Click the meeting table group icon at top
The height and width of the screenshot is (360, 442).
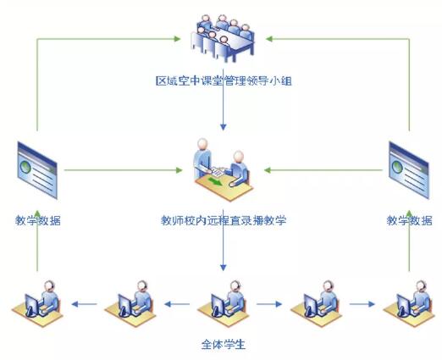tap(223, 38)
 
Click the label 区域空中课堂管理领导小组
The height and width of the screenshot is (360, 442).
tap(224, 81)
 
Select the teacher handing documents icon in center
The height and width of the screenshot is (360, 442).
tap(223, 169)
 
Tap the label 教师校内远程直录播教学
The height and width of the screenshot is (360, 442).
tap(224, 220)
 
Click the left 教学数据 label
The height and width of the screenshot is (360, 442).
tap(38, 220)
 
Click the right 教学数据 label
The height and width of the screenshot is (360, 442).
tap(409, 220)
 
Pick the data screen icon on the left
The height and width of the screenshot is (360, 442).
tap(37, 170)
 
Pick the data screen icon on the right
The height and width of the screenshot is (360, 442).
tap(409, 170)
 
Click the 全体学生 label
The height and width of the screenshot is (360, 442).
tap(224, 345)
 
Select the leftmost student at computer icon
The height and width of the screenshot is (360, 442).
tap(37, 303)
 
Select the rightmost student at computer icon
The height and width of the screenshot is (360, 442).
tap(409, 303)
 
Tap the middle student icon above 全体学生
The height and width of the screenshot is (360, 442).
tap(224, 303)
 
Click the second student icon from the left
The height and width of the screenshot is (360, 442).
tap(130, 303)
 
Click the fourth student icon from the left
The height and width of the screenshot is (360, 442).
tap(316, 303)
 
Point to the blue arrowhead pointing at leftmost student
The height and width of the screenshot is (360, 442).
tap(75, 304)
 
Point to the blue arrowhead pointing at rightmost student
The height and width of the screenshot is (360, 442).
tap(372, 304)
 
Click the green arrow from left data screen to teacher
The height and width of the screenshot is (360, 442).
tap(124, 170)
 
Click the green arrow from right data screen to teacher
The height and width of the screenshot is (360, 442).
tap(323, 170)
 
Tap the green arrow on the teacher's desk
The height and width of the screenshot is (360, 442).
tap(215, 181)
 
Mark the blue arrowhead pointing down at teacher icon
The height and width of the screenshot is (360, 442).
tap(224, 127)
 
